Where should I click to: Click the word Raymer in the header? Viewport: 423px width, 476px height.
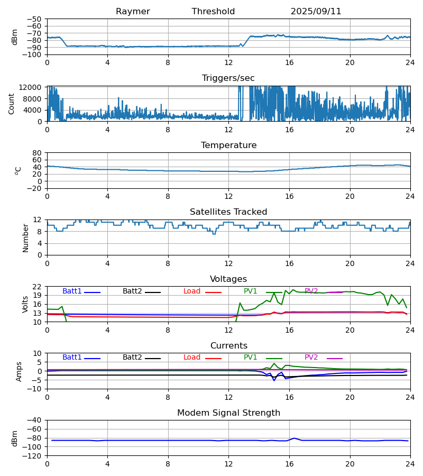133,12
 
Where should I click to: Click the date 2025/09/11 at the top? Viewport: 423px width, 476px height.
316,12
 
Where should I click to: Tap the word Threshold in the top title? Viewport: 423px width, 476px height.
213,12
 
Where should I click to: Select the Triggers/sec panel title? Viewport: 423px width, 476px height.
228,78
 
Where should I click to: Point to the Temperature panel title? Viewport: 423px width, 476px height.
228,145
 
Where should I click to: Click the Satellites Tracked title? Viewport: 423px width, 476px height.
228,212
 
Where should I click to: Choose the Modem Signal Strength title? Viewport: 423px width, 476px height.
228,413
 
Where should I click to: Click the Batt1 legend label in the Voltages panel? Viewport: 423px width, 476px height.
72,291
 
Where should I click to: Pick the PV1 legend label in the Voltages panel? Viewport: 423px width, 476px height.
250,291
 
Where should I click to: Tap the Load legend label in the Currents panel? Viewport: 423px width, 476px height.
192,358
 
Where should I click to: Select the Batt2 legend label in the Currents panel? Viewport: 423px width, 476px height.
132,358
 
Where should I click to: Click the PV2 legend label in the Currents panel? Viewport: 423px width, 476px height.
311,358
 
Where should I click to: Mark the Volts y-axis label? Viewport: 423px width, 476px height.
25,304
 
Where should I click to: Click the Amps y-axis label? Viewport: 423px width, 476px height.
20,371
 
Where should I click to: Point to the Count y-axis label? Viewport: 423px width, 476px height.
12,104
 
